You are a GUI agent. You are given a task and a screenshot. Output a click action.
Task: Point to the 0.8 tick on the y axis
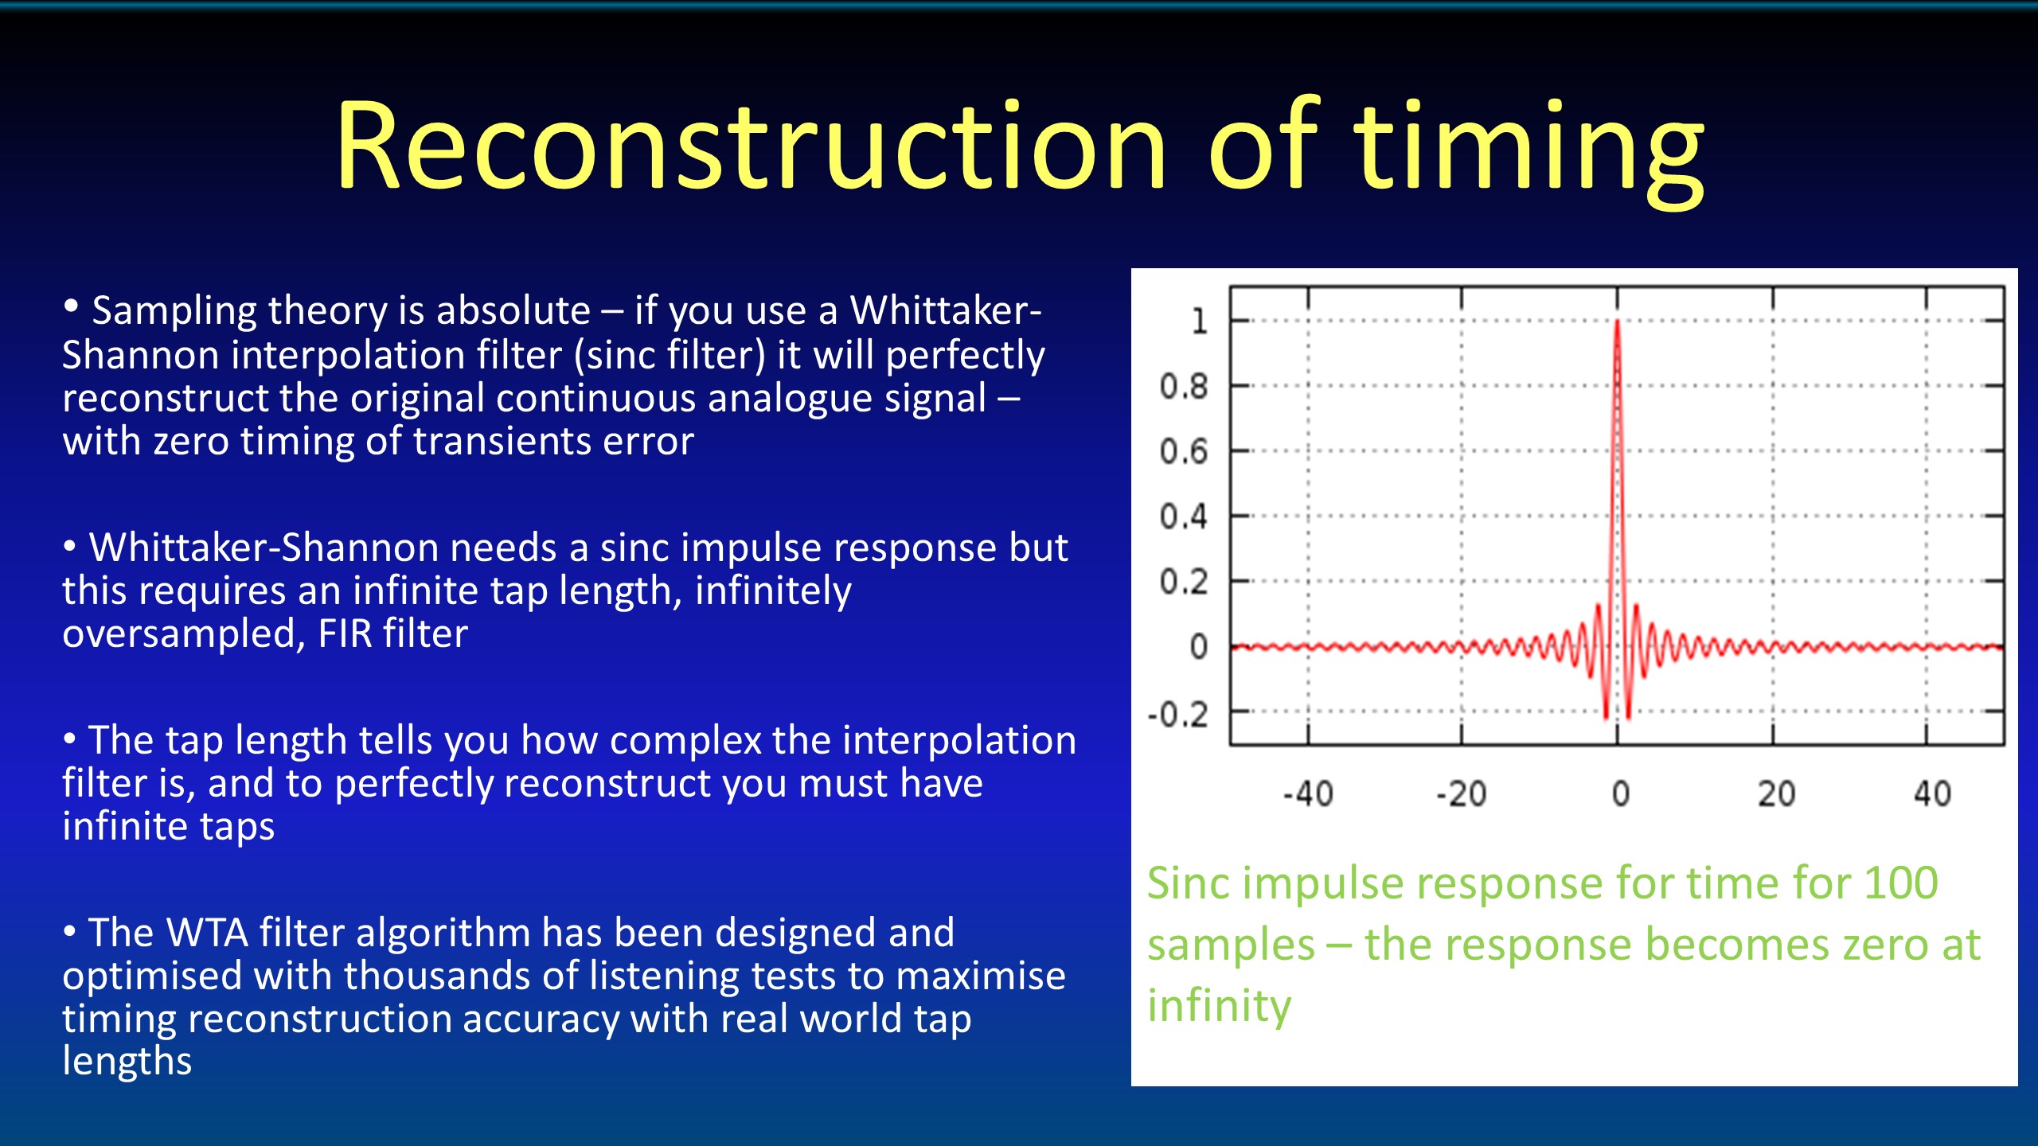pos(1184,387)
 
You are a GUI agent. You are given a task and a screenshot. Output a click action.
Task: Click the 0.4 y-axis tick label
pos(1184,517)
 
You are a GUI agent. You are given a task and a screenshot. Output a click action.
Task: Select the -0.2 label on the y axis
pos(1177,715)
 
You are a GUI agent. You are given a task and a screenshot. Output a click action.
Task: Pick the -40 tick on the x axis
pos(1308,793)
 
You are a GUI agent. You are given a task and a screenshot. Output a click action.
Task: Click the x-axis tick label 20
pos(1776,793)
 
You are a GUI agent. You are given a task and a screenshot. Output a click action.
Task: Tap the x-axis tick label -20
pos(1461,793)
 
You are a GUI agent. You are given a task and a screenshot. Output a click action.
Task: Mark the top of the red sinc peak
pos(1617,321)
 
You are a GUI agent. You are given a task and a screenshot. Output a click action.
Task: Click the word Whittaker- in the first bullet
pos(946,310)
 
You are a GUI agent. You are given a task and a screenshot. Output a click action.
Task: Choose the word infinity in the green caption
pos(1219,1007)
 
